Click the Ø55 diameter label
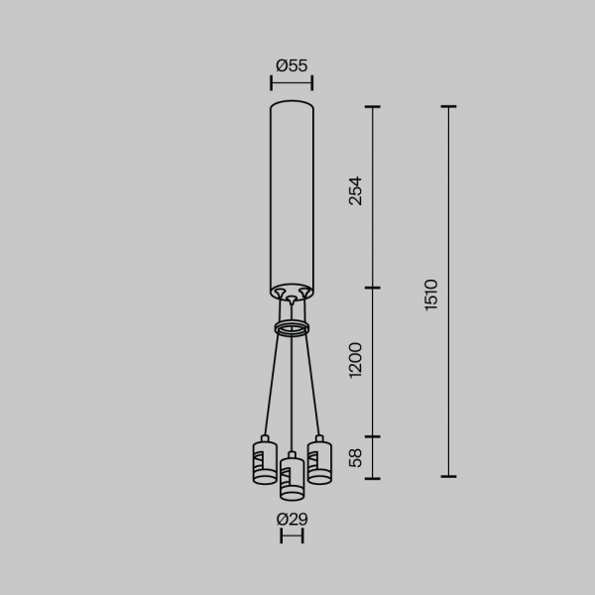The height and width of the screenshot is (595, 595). (292, 65)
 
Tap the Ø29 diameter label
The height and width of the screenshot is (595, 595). (292, 519)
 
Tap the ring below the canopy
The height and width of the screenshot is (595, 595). (292, 328)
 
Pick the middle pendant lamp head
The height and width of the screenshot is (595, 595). (292, 478)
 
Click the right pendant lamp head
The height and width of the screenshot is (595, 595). (318, 461)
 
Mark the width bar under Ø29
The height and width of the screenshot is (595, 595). (292, 536)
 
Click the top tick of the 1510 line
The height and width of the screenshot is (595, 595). (448, 106)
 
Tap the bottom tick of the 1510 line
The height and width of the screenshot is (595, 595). (448, 477)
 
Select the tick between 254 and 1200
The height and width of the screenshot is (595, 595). (373, 289)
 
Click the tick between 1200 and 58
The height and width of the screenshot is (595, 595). (373, 436)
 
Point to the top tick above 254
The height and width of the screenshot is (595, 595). (373, 106)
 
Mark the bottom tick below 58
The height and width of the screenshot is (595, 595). (373, 477)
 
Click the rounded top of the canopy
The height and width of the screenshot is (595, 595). (292, 103)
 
